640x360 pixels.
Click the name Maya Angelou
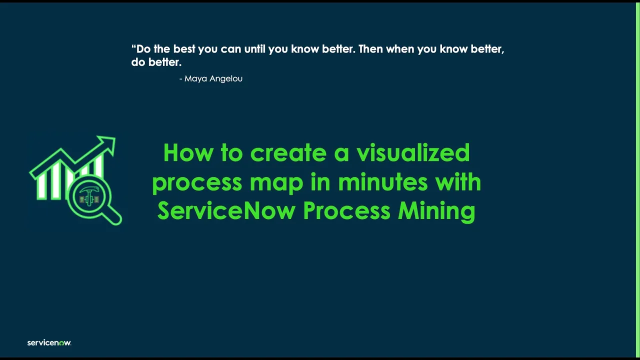(x=213, y=78)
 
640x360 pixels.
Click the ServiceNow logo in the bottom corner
(x=49, y=342)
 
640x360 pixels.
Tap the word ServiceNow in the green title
(x=226, y=210)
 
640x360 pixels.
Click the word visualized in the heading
(x=413, y=152)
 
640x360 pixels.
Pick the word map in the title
(x=276, y=182)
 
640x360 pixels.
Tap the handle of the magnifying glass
(x=113, y=215)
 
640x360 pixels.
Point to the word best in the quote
(x=184, y=49)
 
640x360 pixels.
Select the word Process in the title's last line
(x=347, y=210)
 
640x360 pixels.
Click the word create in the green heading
(x=288, y=152)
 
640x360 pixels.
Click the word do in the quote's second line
(x=137, y=62)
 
